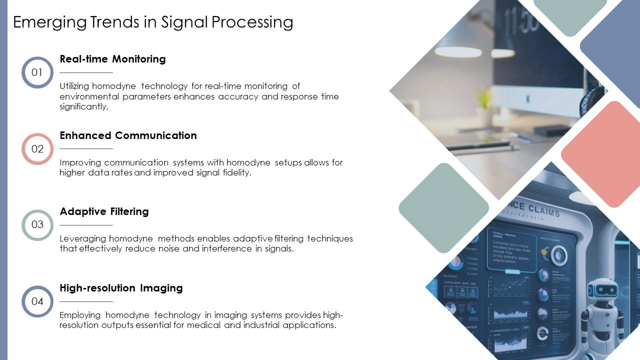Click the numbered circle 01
(37, 72)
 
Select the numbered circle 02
(37, 149)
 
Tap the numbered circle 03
(37, 225)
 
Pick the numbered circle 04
(37, 301)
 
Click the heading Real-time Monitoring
(112, 59)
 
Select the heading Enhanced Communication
(128, 135)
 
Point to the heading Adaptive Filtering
(104, 211)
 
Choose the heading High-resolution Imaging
(121, 288)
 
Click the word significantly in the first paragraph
(83, 106)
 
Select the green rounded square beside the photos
(443, 207)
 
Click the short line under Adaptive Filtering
(86, 225)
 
